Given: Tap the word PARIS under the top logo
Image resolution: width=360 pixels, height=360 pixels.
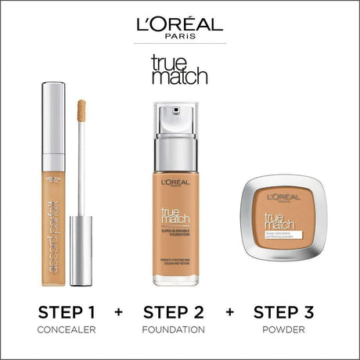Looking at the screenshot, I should click(179, 38).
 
